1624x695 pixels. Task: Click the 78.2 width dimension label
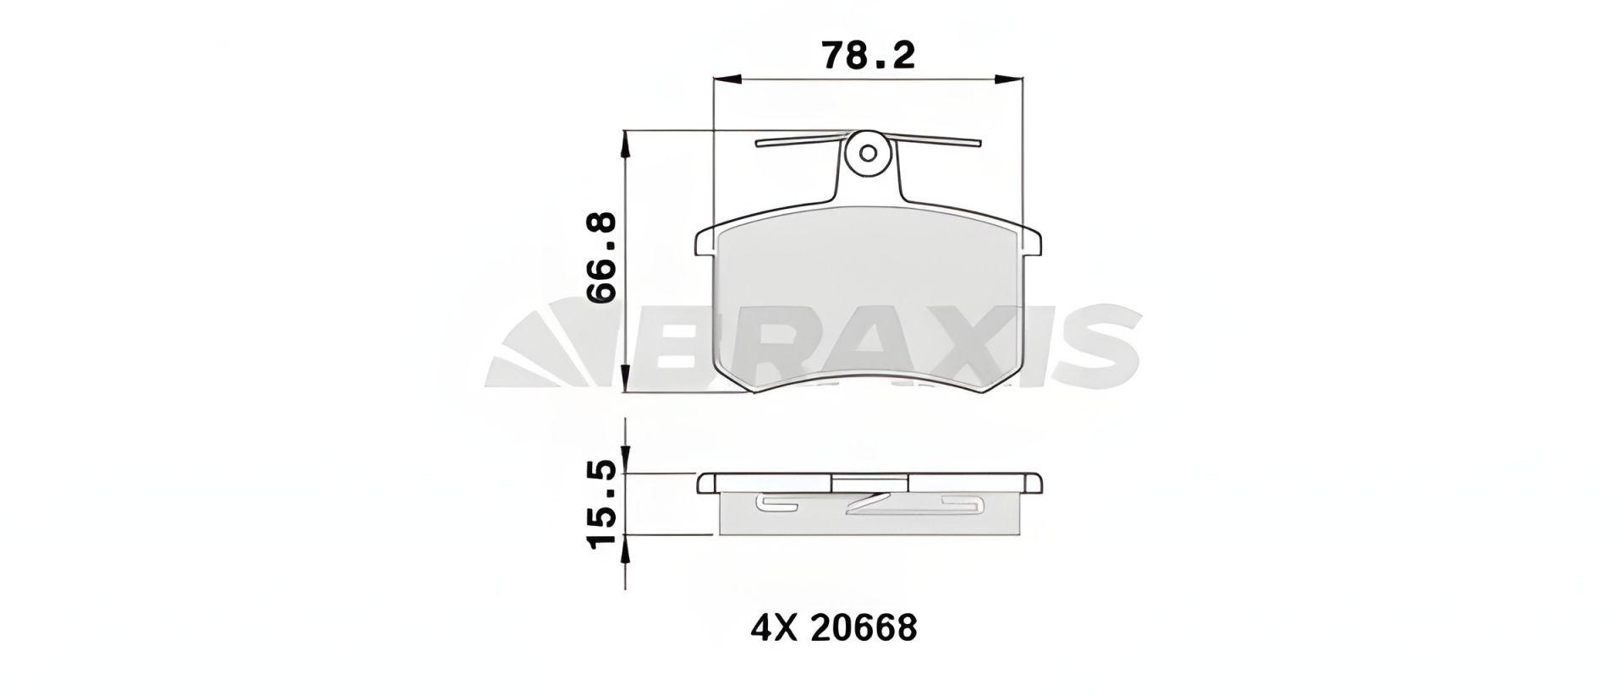point(868,56)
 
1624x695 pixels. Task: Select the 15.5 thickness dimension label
point(602,505)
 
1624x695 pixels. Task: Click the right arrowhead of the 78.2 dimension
point(1011,79)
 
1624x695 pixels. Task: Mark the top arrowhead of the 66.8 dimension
point(626,144)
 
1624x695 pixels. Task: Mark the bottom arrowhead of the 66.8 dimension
point(626,380)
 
